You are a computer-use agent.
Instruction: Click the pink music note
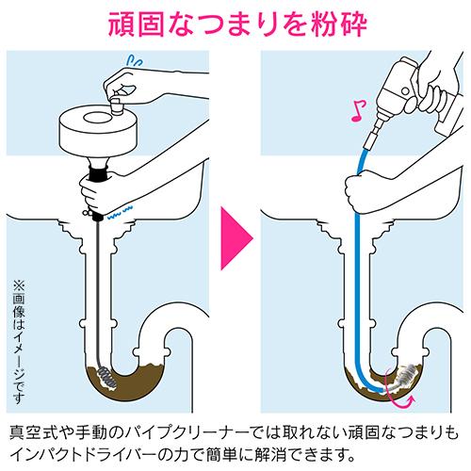coord(359,111)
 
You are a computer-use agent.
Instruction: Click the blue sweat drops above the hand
coord(135,59)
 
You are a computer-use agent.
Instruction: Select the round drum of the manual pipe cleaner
coord(99,130)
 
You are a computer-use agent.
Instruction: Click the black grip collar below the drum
coord(99,173)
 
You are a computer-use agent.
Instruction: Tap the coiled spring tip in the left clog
coord(107,379)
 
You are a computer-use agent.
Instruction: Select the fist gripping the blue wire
coord(361,192)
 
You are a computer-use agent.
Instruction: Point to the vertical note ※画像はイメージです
coord(19,342)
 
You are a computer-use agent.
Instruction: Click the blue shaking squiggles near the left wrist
coord(121,212)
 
